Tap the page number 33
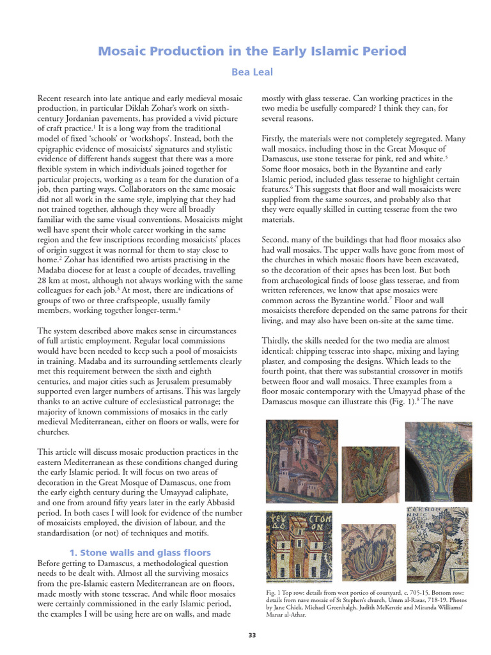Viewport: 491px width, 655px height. point(252,635)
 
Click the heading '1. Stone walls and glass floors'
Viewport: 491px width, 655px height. point(139,552)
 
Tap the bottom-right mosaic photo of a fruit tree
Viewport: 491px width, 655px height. point(439,544)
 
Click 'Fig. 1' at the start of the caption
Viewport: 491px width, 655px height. point(272,593)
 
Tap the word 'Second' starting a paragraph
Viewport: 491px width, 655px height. point(276,240)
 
